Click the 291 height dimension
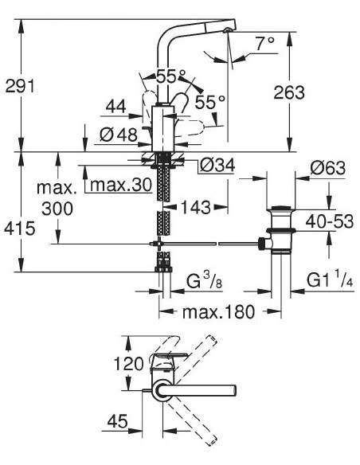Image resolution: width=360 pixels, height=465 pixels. pyautogui.click(x=18, y=87)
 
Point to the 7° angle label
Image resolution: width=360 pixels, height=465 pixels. pyautogui.click(x=264, y=44)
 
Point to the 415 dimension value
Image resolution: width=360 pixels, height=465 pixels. pyautogui.click(x=18, y=229)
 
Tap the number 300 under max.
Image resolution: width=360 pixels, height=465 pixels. pyautogui.click(x=58, y=209)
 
